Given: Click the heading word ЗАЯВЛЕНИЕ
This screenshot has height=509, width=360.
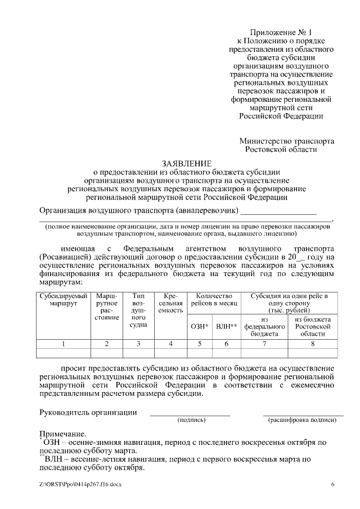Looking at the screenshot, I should tap(186, 163).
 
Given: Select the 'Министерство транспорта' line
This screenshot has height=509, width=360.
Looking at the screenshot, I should tap(286, 141).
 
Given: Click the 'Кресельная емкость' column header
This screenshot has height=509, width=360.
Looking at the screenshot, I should tap(170, 303).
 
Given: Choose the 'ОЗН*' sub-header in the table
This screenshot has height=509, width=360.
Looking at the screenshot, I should tap(200, 326).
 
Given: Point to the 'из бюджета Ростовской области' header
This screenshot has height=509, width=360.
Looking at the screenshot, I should tap(313, 326).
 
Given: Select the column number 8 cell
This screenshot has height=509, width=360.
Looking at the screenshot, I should tap(313, 343).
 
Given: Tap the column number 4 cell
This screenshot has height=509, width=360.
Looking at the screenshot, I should tap(170, 343).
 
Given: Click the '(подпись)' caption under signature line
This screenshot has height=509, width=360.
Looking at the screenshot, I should tap(191, 420).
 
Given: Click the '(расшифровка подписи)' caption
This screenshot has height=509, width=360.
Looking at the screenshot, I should tap(303, 420).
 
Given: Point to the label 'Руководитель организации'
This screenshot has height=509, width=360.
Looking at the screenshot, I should tap(88, 412).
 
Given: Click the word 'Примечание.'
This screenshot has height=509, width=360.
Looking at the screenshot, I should tap(62, 434).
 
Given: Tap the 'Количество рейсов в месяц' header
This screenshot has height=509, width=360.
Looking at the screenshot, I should tap(213, 300).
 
